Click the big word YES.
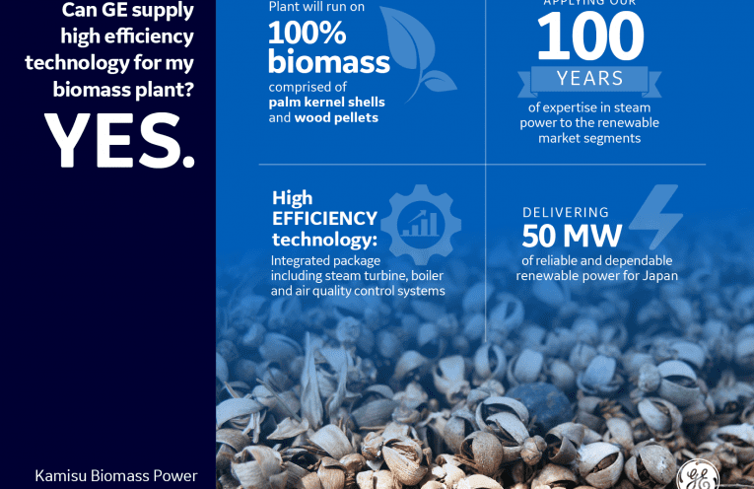[x=119, y=140]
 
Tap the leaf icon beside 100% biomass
[x=417, y=53]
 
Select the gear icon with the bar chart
[x=421, y=225]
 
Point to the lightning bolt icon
[x=655, y=216]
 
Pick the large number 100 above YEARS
[x=590, y=36]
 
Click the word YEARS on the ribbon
[x=590, y=78]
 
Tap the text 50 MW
[x=572, y=236]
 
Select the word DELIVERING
[x=566, y=212]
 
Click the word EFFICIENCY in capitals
[x=324, y=218]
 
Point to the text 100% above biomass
[x=307, y=33]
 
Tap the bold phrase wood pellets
[x=336, y=117]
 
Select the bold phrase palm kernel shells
[x=326, y=102]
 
